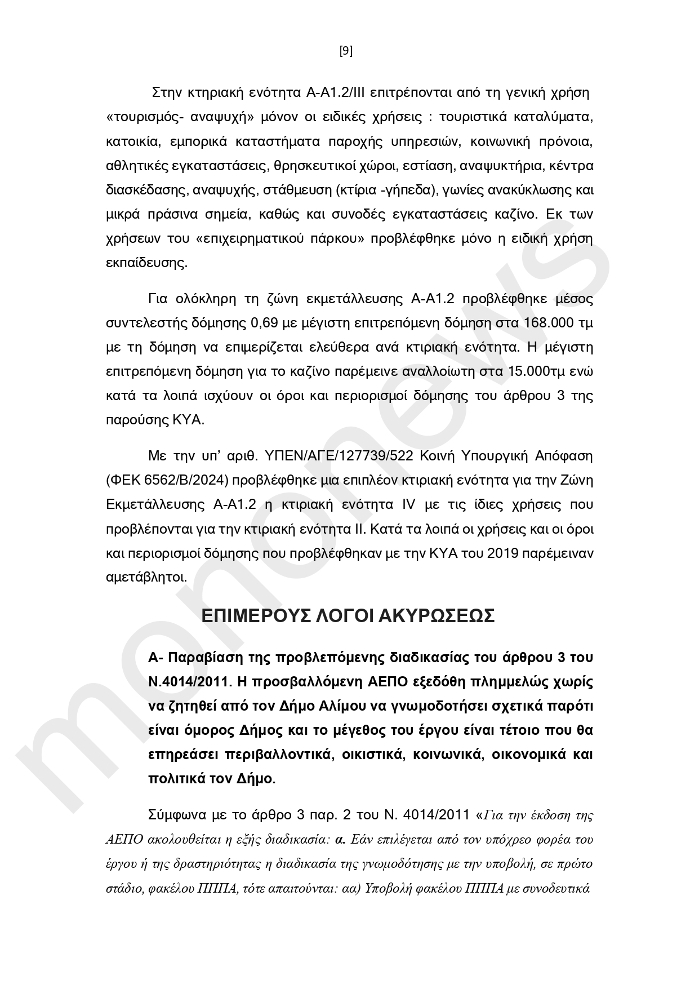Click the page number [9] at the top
tap(346, 51)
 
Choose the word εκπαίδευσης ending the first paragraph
tap(146, 263)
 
